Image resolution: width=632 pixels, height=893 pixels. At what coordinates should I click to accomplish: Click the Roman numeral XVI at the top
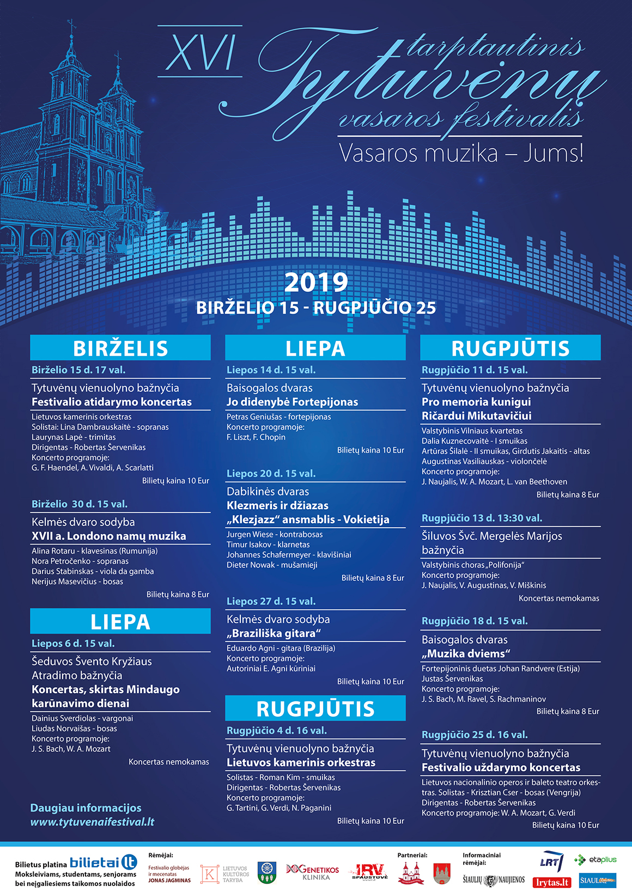(x=200, y=53)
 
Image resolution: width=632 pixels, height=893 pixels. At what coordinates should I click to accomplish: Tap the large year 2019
(x=316, y=283)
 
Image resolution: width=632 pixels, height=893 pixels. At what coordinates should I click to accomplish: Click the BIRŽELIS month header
(x=120, y=348)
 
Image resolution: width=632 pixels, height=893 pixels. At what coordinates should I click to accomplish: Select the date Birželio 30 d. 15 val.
(x=80, y=504)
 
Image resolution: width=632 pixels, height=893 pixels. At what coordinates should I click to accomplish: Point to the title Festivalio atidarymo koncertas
(x=112, y=402)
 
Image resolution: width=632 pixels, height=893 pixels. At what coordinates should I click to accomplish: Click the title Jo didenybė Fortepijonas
(x=292, y=402)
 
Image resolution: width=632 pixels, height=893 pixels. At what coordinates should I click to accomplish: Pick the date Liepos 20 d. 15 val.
(x=271, y=474)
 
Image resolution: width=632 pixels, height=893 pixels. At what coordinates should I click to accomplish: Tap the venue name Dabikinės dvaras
(x=268, y=491)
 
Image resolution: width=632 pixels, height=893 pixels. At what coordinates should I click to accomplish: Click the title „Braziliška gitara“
(x=274, y=633)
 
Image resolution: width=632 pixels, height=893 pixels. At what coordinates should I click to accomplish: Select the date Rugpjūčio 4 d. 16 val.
(x=277, y=731)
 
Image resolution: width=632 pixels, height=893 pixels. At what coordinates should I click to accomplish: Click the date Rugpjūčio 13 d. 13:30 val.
(x=482, y=518)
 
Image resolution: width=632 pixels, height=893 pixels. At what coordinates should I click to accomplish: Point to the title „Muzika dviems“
(x=465, y=653)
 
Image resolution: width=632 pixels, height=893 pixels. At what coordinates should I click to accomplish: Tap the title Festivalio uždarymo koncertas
(x=501, y=767)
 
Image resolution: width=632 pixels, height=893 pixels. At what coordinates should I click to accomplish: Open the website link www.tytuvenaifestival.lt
(x=92, y=822)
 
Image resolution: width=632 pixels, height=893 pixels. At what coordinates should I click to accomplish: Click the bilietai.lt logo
(x=104, y=863)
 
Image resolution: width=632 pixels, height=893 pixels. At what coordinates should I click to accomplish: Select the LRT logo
(x=550, y=862)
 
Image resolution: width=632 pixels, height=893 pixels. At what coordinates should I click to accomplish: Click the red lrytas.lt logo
(x=552, y=882)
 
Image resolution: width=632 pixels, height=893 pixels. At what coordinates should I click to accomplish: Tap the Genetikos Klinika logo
(x=313, y=872)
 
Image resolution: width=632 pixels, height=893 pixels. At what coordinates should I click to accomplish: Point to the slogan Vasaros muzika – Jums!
(x=461, y=153)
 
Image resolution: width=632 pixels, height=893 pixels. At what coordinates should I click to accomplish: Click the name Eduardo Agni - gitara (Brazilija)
(x=281, y=648)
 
